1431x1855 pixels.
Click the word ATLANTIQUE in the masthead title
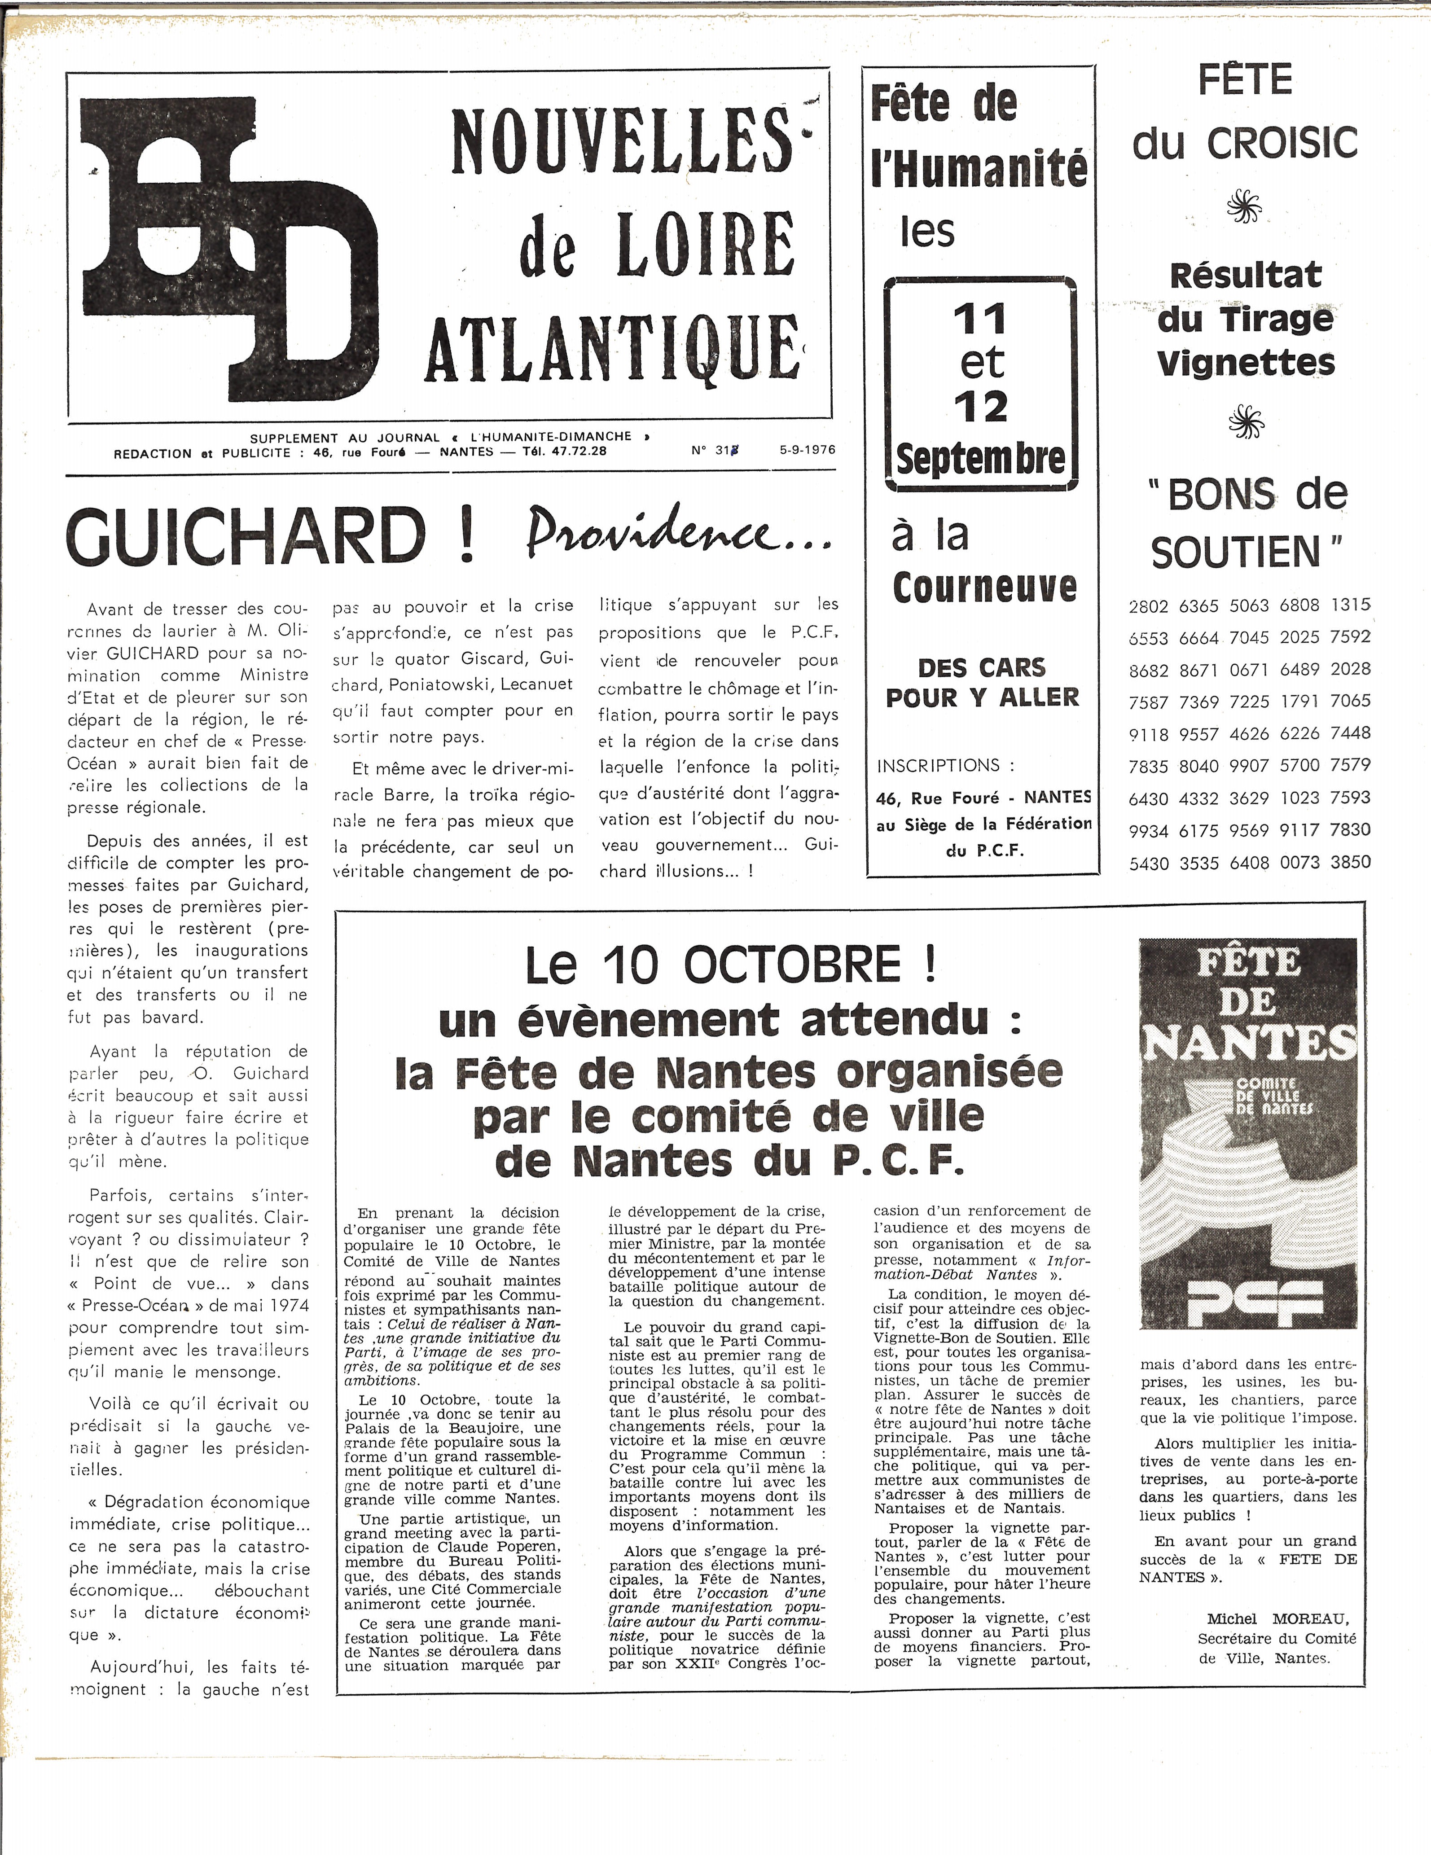(611, 348)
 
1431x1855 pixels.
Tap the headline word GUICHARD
(246, 537)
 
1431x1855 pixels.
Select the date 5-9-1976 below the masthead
(807, 450)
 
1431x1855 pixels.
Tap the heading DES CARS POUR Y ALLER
(983, 682)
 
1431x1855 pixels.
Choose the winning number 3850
(1350, 861)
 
